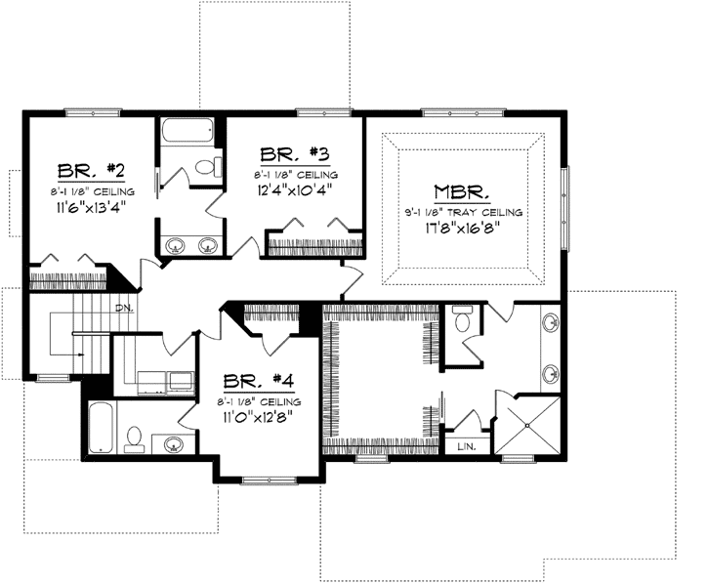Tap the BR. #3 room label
[x=292, y=153]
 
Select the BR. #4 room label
[x=253, y=380]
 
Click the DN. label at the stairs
[x=123, y=309]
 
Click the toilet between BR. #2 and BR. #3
[x=207, y=167]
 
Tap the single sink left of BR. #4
[x=174, y=445]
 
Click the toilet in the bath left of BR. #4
[x=135, y=438]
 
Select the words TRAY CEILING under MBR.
[x=492, y=212]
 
